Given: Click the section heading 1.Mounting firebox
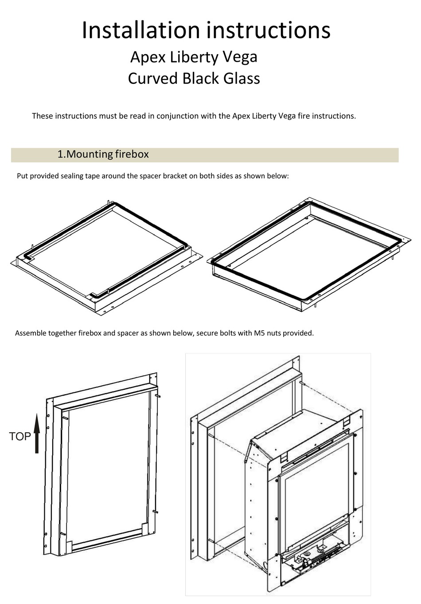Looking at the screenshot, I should (103, 154).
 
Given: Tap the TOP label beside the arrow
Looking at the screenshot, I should (20, 437).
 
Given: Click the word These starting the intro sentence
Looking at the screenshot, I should (42, 116).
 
